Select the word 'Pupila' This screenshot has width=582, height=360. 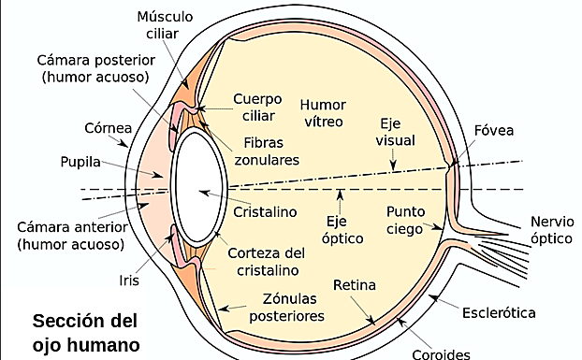click(x=80, y=161)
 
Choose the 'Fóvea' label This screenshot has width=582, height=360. click(x=495, y=129)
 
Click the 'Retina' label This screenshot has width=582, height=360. click(x=355, y=284)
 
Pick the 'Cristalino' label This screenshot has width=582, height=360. click(x=266, y=211)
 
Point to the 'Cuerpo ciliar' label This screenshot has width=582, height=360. click(x=257, y=107)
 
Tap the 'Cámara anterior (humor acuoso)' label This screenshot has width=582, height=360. click(x=68, y=236)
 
